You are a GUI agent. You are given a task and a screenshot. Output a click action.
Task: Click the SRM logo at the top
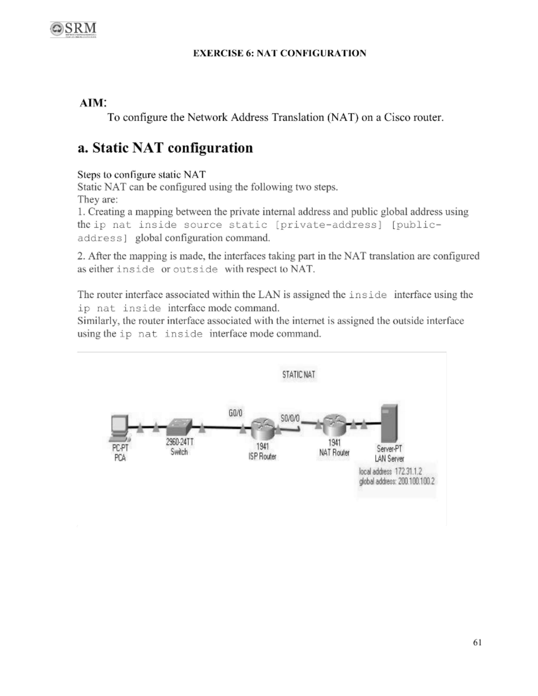pyautogui.click(x=74, y=30)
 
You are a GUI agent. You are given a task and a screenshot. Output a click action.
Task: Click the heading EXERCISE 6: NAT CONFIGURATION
pyautogui.click(x=279, y=53)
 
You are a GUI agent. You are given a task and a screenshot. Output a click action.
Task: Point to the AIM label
pyautogui.click(x=92, y=103)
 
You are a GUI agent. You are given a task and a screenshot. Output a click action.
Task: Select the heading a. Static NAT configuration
pyautogui.click(x=165, y=148)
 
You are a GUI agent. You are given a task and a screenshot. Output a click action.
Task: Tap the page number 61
pyautogui.click(x=477, y=642)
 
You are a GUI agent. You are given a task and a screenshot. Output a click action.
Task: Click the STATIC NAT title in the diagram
pyautogui.click(x=299, y=375)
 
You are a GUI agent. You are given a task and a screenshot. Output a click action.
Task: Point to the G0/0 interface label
pyautogui.click(x=235, y=413)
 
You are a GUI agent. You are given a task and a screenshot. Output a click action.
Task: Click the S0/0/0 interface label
pyautogui.click(x=290, y=418)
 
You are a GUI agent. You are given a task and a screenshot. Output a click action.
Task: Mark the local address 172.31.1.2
pyautogui.click(x=408, y=471)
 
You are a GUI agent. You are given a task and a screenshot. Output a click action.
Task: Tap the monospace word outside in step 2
pyautogui.click(x=195, y=270)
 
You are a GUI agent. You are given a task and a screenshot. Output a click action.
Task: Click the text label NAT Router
pyautogui.click(x=334, y=453)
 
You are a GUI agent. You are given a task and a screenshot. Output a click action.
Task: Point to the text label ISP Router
pyautogui.click(x=262, y=457)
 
